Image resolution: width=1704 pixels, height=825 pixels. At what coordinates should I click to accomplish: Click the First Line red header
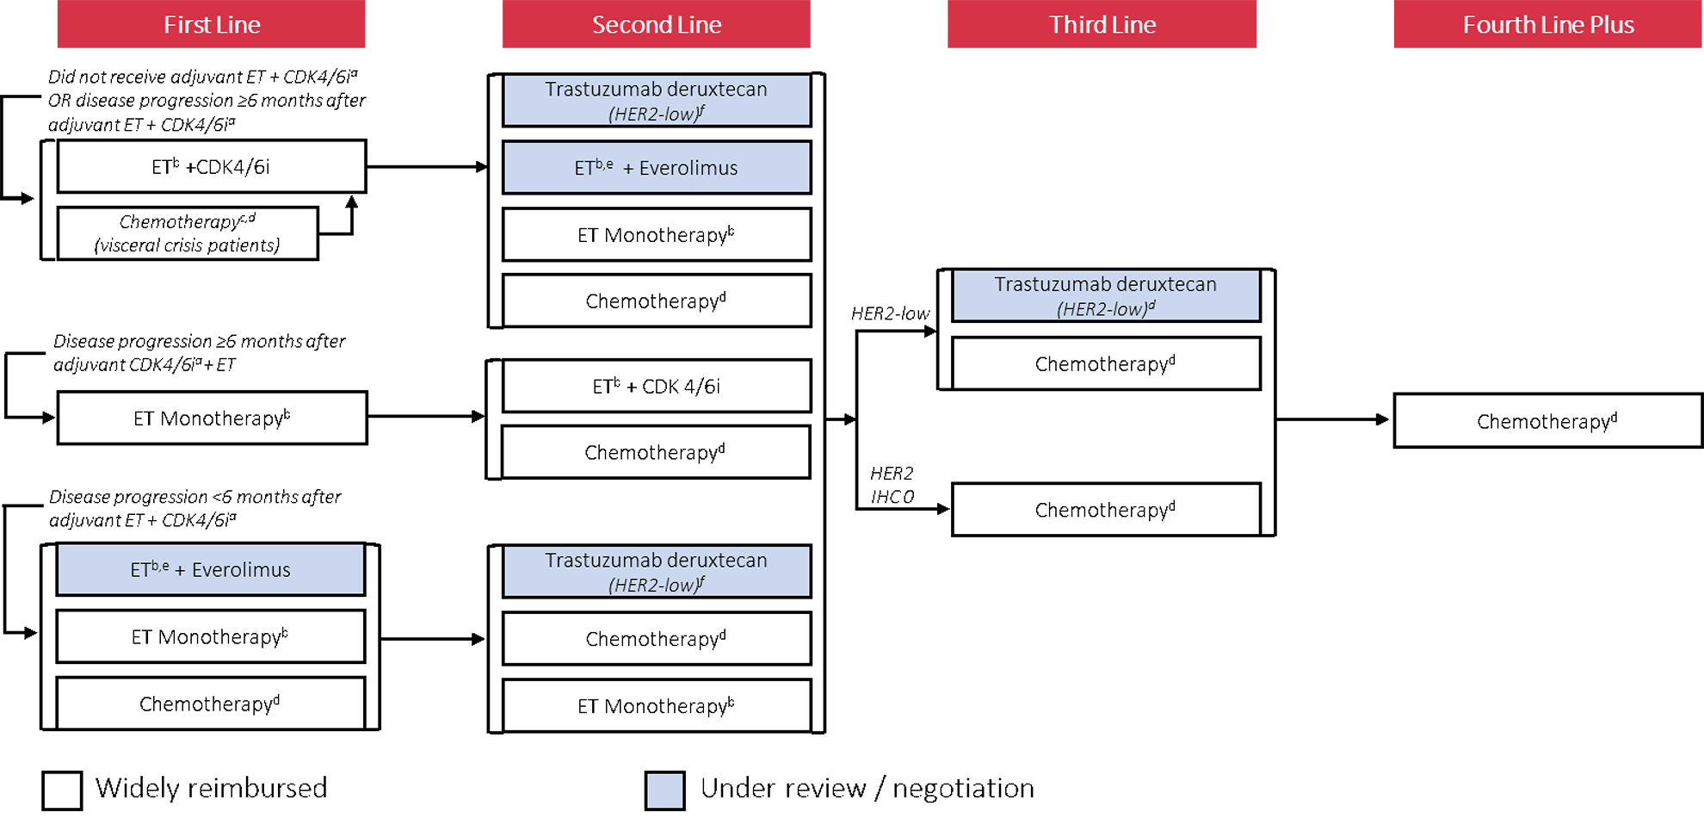[211, 24]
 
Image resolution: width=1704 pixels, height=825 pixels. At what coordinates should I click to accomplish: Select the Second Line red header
[656, 24]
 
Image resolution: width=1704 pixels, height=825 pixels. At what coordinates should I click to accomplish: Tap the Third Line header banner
[1102, 24]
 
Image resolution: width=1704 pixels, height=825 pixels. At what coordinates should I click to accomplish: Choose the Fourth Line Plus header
[1547, 24]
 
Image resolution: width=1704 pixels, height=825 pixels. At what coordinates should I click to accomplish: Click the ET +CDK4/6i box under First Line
[211, 166]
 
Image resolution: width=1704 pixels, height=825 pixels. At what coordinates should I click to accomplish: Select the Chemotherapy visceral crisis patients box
[187, 233]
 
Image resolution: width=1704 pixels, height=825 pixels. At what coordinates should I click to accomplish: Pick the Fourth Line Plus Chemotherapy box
[1547, 421]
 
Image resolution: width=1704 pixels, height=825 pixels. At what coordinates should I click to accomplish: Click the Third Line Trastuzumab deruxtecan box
[1105, 295]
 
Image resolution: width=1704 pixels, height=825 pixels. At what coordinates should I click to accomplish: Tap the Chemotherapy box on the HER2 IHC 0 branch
[1105, 510]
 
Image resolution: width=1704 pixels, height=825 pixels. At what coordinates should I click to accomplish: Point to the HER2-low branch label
[890, 313]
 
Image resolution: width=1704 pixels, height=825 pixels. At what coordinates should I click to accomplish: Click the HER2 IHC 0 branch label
[892, 485]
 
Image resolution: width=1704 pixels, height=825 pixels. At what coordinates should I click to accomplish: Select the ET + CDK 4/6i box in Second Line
[656, 386]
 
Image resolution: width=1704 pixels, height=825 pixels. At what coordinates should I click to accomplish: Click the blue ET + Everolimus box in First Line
[211, 569]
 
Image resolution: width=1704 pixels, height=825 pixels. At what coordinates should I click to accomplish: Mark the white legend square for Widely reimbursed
[62, 790]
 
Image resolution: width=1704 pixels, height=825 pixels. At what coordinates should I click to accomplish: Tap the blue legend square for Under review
[665, 790]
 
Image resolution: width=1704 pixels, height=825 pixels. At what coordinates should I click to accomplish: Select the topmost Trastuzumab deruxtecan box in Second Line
[656, 100]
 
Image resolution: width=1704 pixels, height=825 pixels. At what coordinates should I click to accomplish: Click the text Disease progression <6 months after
[194, 497]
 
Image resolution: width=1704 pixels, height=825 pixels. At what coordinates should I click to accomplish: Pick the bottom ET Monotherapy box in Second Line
[656, 706]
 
